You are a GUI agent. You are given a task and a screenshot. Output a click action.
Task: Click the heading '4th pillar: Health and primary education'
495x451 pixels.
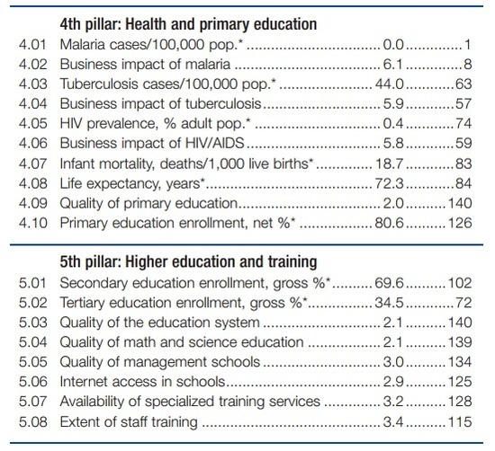[188, 24]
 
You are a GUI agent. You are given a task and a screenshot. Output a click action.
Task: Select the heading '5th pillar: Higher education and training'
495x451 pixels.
[188, 262]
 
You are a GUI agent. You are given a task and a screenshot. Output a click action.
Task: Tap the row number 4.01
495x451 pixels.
[32, 44]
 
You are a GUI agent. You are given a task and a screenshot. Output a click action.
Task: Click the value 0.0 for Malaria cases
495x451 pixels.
[393, 44]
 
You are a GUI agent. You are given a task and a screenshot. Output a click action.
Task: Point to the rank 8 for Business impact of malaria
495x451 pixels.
[467, 65]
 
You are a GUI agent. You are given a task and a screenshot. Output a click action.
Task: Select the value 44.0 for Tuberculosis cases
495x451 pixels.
[390, 84]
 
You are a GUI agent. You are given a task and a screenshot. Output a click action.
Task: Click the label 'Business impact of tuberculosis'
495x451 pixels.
[161, 103]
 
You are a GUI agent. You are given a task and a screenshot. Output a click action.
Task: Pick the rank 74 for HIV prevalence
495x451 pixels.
[463, 123]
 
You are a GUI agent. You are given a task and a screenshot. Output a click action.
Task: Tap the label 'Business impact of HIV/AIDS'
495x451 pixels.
[152, 143]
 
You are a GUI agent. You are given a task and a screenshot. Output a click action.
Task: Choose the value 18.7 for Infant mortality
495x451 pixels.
[390, 164]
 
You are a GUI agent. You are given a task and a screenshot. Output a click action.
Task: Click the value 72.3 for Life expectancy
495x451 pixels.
[390, 183]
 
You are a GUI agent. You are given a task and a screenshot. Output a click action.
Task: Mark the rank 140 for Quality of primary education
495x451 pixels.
[460, 203]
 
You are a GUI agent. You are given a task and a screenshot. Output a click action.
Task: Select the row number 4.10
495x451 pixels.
[32, 223]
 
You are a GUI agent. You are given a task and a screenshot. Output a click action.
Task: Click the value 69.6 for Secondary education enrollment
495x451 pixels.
[390, 283]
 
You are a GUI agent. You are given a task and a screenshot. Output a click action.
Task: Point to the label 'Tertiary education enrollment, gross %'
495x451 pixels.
[184, 303]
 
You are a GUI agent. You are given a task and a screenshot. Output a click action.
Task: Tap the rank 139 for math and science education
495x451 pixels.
[460, 342]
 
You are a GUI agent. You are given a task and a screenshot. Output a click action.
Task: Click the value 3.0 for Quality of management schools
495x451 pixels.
[393, 362]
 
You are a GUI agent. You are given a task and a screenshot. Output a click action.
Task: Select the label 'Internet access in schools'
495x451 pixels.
[142, 382]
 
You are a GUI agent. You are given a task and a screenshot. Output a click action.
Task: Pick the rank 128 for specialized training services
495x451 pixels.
[460, 402]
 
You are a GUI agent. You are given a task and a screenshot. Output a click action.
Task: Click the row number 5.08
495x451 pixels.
[32, 422]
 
